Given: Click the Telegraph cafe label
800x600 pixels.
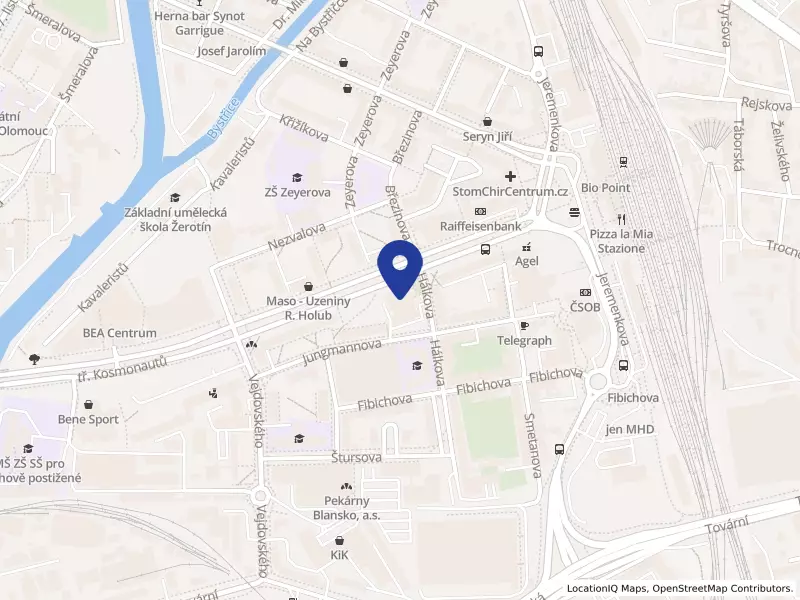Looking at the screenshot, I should [524, 341].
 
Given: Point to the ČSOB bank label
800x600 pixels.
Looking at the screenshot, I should [585, 308].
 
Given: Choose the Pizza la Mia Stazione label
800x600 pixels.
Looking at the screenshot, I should [621, 240].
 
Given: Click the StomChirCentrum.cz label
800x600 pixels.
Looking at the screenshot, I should [510, 191].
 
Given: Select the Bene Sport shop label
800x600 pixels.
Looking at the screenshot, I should [89, 420].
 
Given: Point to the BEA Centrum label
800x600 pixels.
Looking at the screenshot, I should [120, 333].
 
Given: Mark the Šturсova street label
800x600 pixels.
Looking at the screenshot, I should [356, 457].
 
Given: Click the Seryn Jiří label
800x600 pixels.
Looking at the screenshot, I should [487, 138].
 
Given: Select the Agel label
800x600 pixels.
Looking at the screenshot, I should [527, 259].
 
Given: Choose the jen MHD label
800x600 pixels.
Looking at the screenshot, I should [629, 430].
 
